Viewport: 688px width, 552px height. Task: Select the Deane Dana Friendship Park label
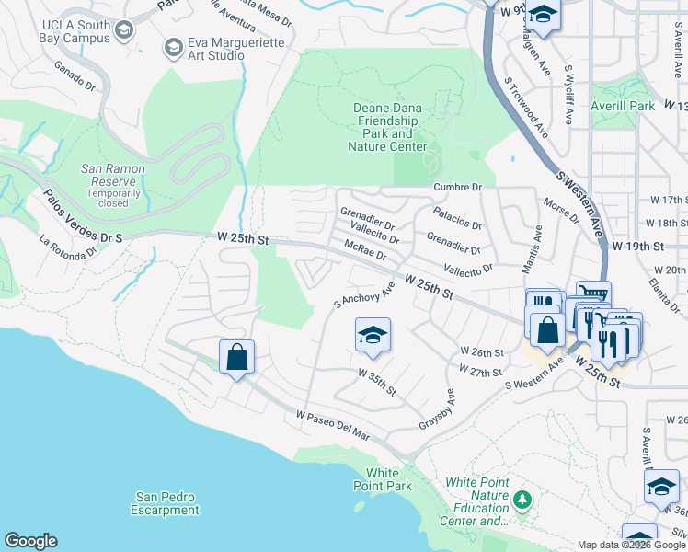tap(387, 127)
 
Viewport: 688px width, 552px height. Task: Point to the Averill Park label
tap(623, 106)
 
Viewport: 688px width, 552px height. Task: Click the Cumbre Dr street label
tap(457, 187)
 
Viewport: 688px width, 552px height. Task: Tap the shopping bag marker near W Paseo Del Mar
tap(236, 357)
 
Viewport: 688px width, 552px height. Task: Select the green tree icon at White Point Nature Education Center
tap(522, 500)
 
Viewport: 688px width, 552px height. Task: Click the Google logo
tap(30, 541)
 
